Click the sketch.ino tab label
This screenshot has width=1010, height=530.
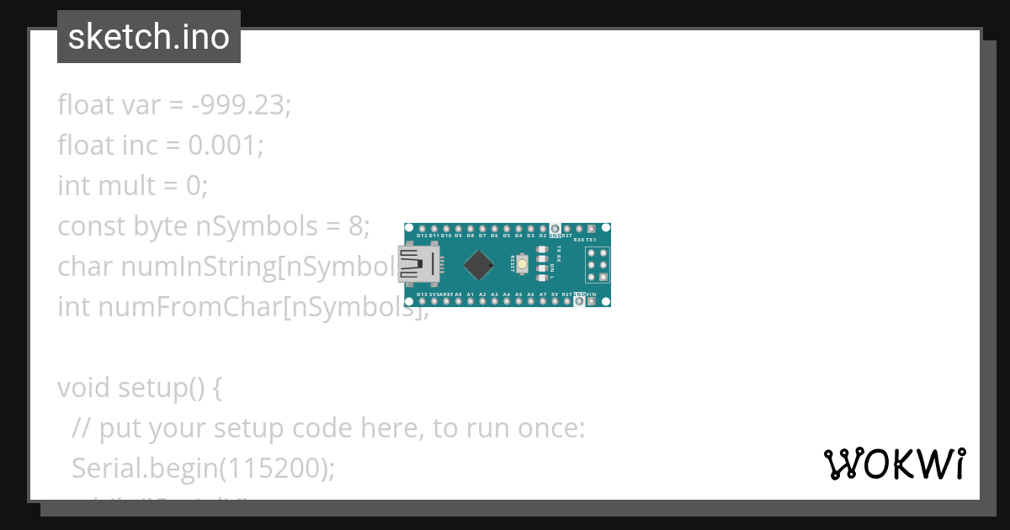tap(148, 37)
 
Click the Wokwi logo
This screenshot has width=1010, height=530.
tap(894, 464)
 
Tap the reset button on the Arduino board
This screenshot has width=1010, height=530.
tap(523, 264)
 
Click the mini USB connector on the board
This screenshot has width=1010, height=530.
tap(418, 264)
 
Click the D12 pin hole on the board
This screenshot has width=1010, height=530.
tap(422, 229)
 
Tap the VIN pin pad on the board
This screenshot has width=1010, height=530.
tap(592, 300)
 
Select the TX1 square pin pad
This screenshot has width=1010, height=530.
tap(592, 229)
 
